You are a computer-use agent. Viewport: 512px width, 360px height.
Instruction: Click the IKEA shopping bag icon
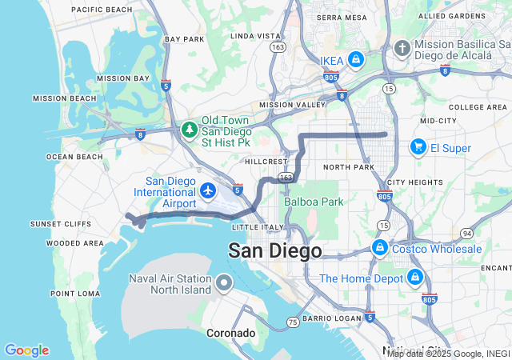click(355, 60)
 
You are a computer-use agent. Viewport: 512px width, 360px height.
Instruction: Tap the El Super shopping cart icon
click(417, 147)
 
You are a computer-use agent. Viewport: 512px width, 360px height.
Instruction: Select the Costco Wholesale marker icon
click(380, 248)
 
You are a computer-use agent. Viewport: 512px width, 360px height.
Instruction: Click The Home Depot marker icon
click(414, 278)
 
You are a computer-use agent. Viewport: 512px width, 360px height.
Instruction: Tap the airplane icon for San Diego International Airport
click(208, 190)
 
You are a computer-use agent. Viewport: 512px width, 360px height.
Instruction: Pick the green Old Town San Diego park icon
click(190, 129)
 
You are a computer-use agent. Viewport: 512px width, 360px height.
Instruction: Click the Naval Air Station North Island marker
click(223, 283)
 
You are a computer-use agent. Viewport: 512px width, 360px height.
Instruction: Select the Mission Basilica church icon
click(402, 49)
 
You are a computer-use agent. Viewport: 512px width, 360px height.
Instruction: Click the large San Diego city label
click(275, 250)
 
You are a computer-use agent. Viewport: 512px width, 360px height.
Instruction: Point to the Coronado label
click(230, 333)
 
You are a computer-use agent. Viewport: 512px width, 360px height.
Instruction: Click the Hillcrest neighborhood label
click(265, 161)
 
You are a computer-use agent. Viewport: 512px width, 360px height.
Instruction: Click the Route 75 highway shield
click(293, 322)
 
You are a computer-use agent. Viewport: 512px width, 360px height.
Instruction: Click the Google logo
click(26, 350)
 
